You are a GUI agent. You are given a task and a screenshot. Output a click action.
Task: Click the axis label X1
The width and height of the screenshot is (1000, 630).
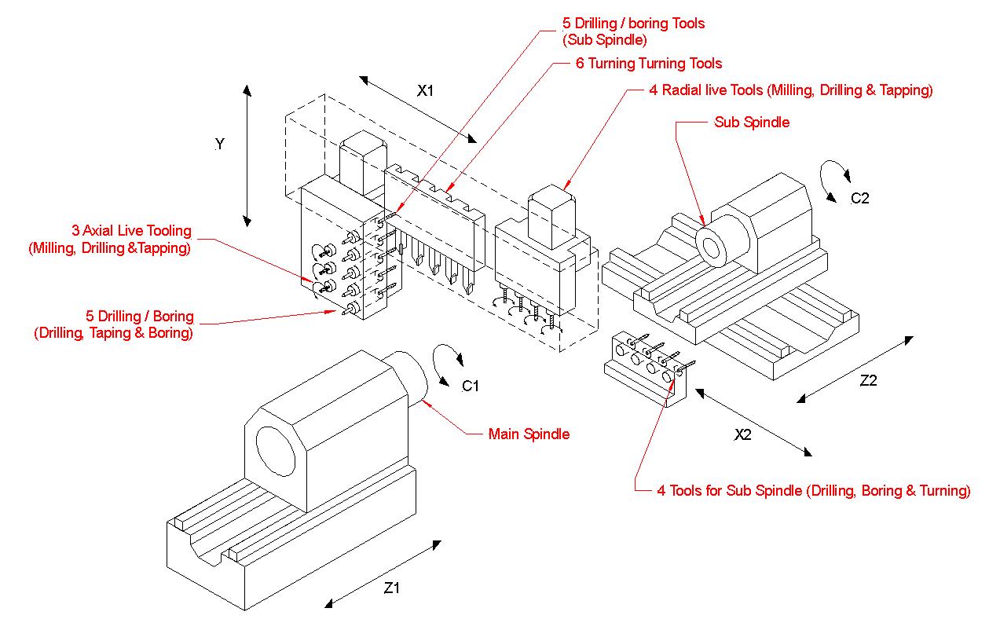tap(425, 90)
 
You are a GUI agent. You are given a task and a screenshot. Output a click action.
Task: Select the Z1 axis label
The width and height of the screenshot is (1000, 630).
tap(391, 587)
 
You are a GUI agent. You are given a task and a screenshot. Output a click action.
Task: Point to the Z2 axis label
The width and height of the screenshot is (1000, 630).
tap(868, 381)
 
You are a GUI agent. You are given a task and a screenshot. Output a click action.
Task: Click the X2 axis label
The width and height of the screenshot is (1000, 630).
tap(742, 434)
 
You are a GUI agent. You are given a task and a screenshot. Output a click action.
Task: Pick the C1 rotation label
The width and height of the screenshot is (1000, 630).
tap(471, 386)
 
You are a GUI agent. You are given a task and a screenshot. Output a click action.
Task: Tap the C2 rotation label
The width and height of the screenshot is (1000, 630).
tap(860, 198)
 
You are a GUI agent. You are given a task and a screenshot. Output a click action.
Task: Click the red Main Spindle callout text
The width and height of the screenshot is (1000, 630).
tap(529, 434)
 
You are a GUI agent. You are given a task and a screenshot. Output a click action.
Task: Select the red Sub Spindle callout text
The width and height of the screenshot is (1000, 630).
tap(752, 123)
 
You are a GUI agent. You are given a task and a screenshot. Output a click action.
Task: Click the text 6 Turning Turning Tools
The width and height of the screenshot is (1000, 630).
tap(649, 64)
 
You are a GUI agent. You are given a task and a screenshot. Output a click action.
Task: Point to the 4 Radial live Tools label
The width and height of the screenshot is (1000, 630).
tap(791, 90)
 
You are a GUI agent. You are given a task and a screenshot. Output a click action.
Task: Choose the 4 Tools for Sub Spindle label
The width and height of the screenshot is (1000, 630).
tap(814, 491)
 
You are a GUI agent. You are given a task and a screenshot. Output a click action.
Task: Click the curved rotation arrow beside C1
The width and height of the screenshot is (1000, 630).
tap(446, 363)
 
